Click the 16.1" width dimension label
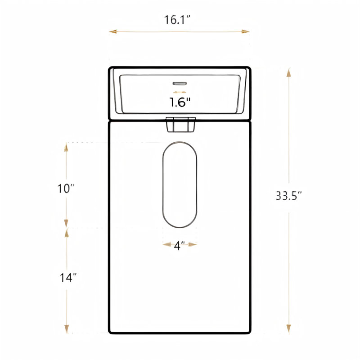(x=177, y=20)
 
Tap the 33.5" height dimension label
(x=288, y=196)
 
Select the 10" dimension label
(x=66, y=189)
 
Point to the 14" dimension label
(x=68, y=278)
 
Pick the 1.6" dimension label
(x=180, y=102)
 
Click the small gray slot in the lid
(x=180, y=83)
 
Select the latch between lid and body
(x=180, y=125)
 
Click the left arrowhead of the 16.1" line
(x=113, y=31)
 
